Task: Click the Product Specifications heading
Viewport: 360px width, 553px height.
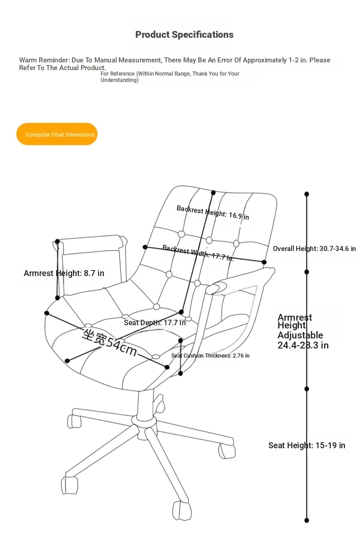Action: click(x=184, y=35)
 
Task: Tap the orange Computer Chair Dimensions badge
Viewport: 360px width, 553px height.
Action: click(x=57, y=134)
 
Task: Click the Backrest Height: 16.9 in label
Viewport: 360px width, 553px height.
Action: click(x=213, y=213)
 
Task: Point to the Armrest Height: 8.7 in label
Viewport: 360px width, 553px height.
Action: click(x=64, y=273)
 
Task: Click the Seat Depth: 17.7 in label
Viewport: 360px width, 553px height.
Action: click(x=154, y=323)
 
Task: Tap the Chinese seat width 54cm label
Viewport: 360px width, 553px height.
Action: click(x=109, y=342)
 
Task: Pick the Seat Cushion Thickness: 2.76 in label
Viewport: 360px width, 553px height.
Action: click(x=211, y=355)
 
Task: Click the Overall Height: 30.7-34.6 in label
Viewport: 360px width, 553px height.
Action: click(x=314, y=249)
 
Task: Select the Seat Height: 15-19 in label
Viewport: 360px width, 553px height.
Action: click(x=307, y=445)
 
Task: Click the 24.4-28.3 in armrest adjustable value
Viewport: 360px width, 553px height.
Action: click(x=303, y=345)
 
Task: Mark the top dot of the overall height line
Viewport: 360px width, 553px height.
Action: click(x=307, y=194)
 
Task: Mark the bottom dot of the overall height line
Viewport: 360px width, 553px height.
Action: click(x=307, y=520)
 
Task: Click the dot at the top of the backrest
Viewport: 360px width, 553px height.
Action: click(x=213, y=193)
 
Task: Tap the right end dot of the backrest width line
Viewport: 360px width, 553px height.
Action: click(x=264, y=262)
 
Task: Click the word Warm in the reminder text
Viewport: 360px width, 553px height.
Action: click(x=28, y=60)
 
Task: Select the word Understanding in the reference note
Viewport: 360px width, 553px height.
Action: click(x=119, y=80)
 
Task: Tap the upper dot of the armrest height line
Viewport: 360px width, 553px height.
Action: click(x=57, y=241)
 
